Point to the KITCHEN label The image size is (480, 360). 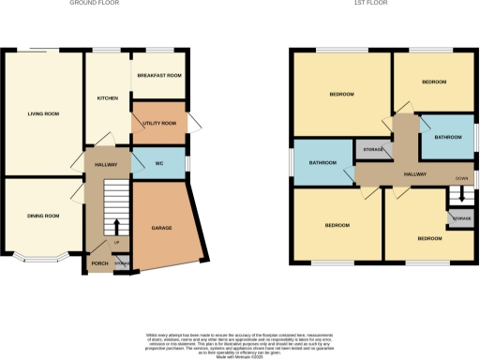107,97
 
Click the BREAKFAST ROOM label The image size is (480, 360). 158,76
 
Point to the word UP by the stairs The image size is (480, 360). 116,242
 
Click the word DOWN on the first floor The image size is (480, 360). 461,177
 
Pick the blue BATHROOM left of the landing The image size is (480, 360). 323,163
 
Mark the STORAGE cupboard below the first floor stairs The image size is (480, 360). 461,218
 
